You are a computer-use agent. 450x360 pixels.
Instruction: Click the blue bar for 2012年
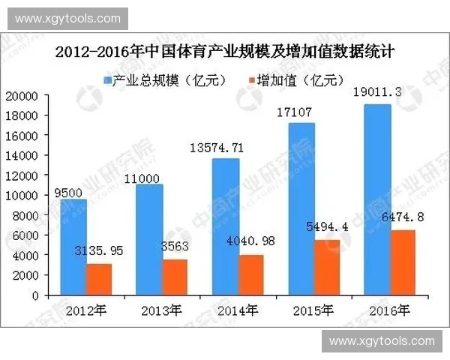[x=75, y=247]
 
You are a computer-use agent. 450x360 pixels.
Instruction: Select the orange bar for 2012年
[x=98, y=279]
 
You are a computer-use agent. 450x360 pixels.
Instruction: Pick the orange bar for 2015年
[x=328, y=267]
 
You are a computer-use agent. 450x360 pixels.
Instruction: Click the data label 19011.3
[x=376, y=92]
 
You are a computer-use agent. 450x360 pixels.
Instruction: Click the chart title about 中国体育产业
[x=225, y=54]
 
